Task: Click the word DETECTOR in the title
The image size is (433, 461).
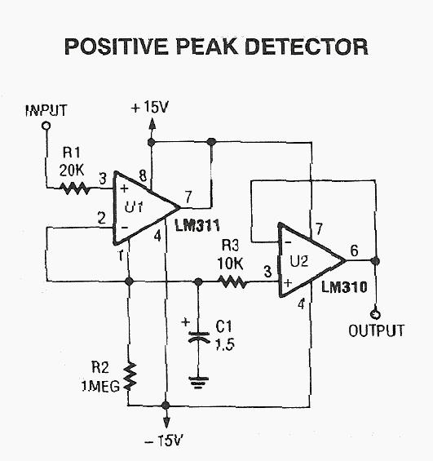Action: pyautogui.click(x=306, y=47)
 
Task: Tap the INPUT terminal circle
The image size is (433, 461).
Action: pyautogui.click(x=46, y=126)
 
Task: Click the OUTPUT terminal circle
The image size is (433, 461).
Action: pyautogui.click(x=375, y=314)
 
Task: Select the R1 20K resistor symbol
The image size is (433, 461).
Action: pyautogui.click(x=75, y=188)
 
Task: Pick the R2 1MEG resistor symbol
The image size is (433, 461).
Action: pyautogui.click(x=130, y=377)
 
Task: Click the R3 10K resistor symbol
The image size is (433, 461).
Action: pyautogui.click(x=232, y=282)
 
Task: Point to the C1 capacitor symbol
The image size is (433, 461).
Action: pyautogui.click(x=199, y=337)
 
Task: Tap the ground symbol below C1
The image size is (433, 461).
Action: pyautogui.click(x=199, y=383)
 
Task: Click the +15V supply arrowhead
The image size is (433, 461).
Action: pyautogui.click(x=152, y=124)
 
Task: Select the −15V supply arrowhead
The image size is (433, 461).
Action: pyautogui.click(x=166, y=422)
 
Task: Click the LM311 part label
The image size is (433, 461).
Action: pyautogui.click(x=197, y=226)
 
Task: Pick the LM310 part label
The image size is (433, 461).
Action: pyautogui.click(x=344, y=286)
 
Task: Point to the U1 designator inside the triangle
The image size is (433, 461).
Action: pyautogui.click(x=134, y=207)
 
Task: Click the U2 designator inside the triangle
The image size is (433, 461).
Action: pyautogui.click(x=299, y=261)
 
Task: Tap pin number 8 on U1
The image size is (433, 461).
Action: pyautogui.click(x=143, y=175)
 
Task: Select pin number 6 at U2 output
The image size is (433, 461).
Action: pyautogui.click(x=354, y=250)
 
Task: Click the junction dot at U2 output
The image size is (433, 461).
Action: pyautogui.click(x=375, y=261)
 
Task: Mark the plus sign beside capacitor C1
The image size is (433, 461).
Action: pyautogui.click(x=186, y=321)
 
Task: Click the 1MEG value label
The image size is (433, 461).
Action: pyautogui.click(x=100, y=386)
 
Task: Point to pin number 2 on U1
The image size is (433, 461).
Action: pyautogui.click(x=101, y=218)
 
